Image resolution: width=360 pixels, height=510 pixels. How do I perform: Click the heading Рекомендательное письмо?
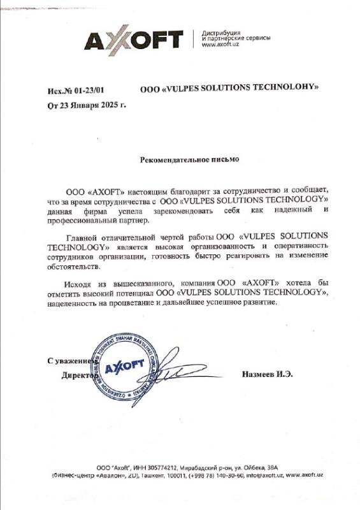coord(189,159)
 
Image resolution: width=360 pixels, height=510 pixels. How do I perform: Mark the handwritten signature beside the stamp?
coord(169,370)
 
